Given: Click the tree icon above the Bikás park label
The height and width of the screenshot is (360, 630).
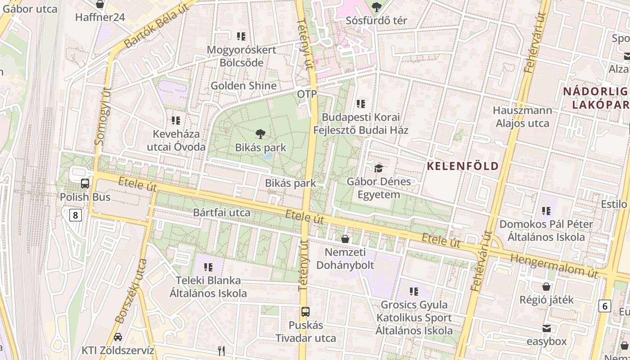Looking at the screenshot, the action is click(260, 134).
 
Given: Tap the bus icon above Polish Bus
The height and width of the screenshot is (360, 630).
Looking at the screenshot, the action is click(85, 184).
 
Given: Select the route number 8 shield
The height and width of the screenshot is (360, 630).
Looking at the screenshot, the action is click(75, 215).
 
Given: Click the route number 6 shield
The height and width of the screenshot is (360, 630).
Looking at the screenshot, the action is click(605, 306).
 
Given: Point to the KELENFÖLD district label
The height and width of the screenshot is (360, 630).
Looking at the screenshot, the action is click(463, 166).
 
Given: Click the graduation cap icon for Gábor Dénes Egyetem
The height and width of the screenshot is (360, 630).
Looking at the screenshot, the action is click(378, 168).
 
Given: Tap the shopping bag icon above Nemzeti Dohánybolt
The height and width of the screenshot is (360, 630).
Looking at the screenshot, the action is click(345, 238).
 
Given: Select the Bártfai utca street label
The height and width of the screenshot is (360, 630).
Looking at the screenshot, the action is click(221, 212).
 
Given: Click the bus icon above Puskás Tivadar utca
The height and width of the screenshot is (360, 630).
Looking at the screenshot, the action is click(305, 311).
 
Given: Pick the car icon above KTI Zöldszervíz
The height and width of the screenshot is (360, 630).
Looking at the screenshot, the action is click(117, 337).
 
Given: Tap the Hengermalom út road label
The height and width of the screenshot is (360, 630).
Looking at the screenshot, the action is click(553, 265).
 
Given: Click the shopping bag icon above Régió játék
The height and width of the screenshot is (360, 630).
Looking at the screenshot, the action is click(546, 286).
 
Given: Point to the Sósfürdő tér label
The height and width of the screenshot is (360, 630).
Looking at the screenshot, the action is click(376, 21).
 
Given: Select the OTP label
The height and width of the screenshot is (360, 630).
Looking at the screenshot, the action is click(307, 94).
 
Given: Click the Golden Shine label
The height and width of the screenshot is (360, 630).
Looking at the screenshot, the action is click(243, 85).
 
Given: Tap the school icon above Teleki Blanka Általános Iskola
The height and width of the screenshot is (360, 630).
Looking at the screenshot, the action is click(208, 267).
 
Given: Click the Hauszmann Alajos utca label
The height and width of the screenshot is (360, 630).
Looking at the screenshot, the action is click(522, 117).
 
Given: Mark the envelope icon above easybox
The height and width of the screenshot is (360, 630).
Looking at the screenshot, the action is click(546, 328).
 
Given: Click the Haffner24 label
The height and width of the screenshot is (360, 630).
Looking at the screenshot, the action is click(100, 18).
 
